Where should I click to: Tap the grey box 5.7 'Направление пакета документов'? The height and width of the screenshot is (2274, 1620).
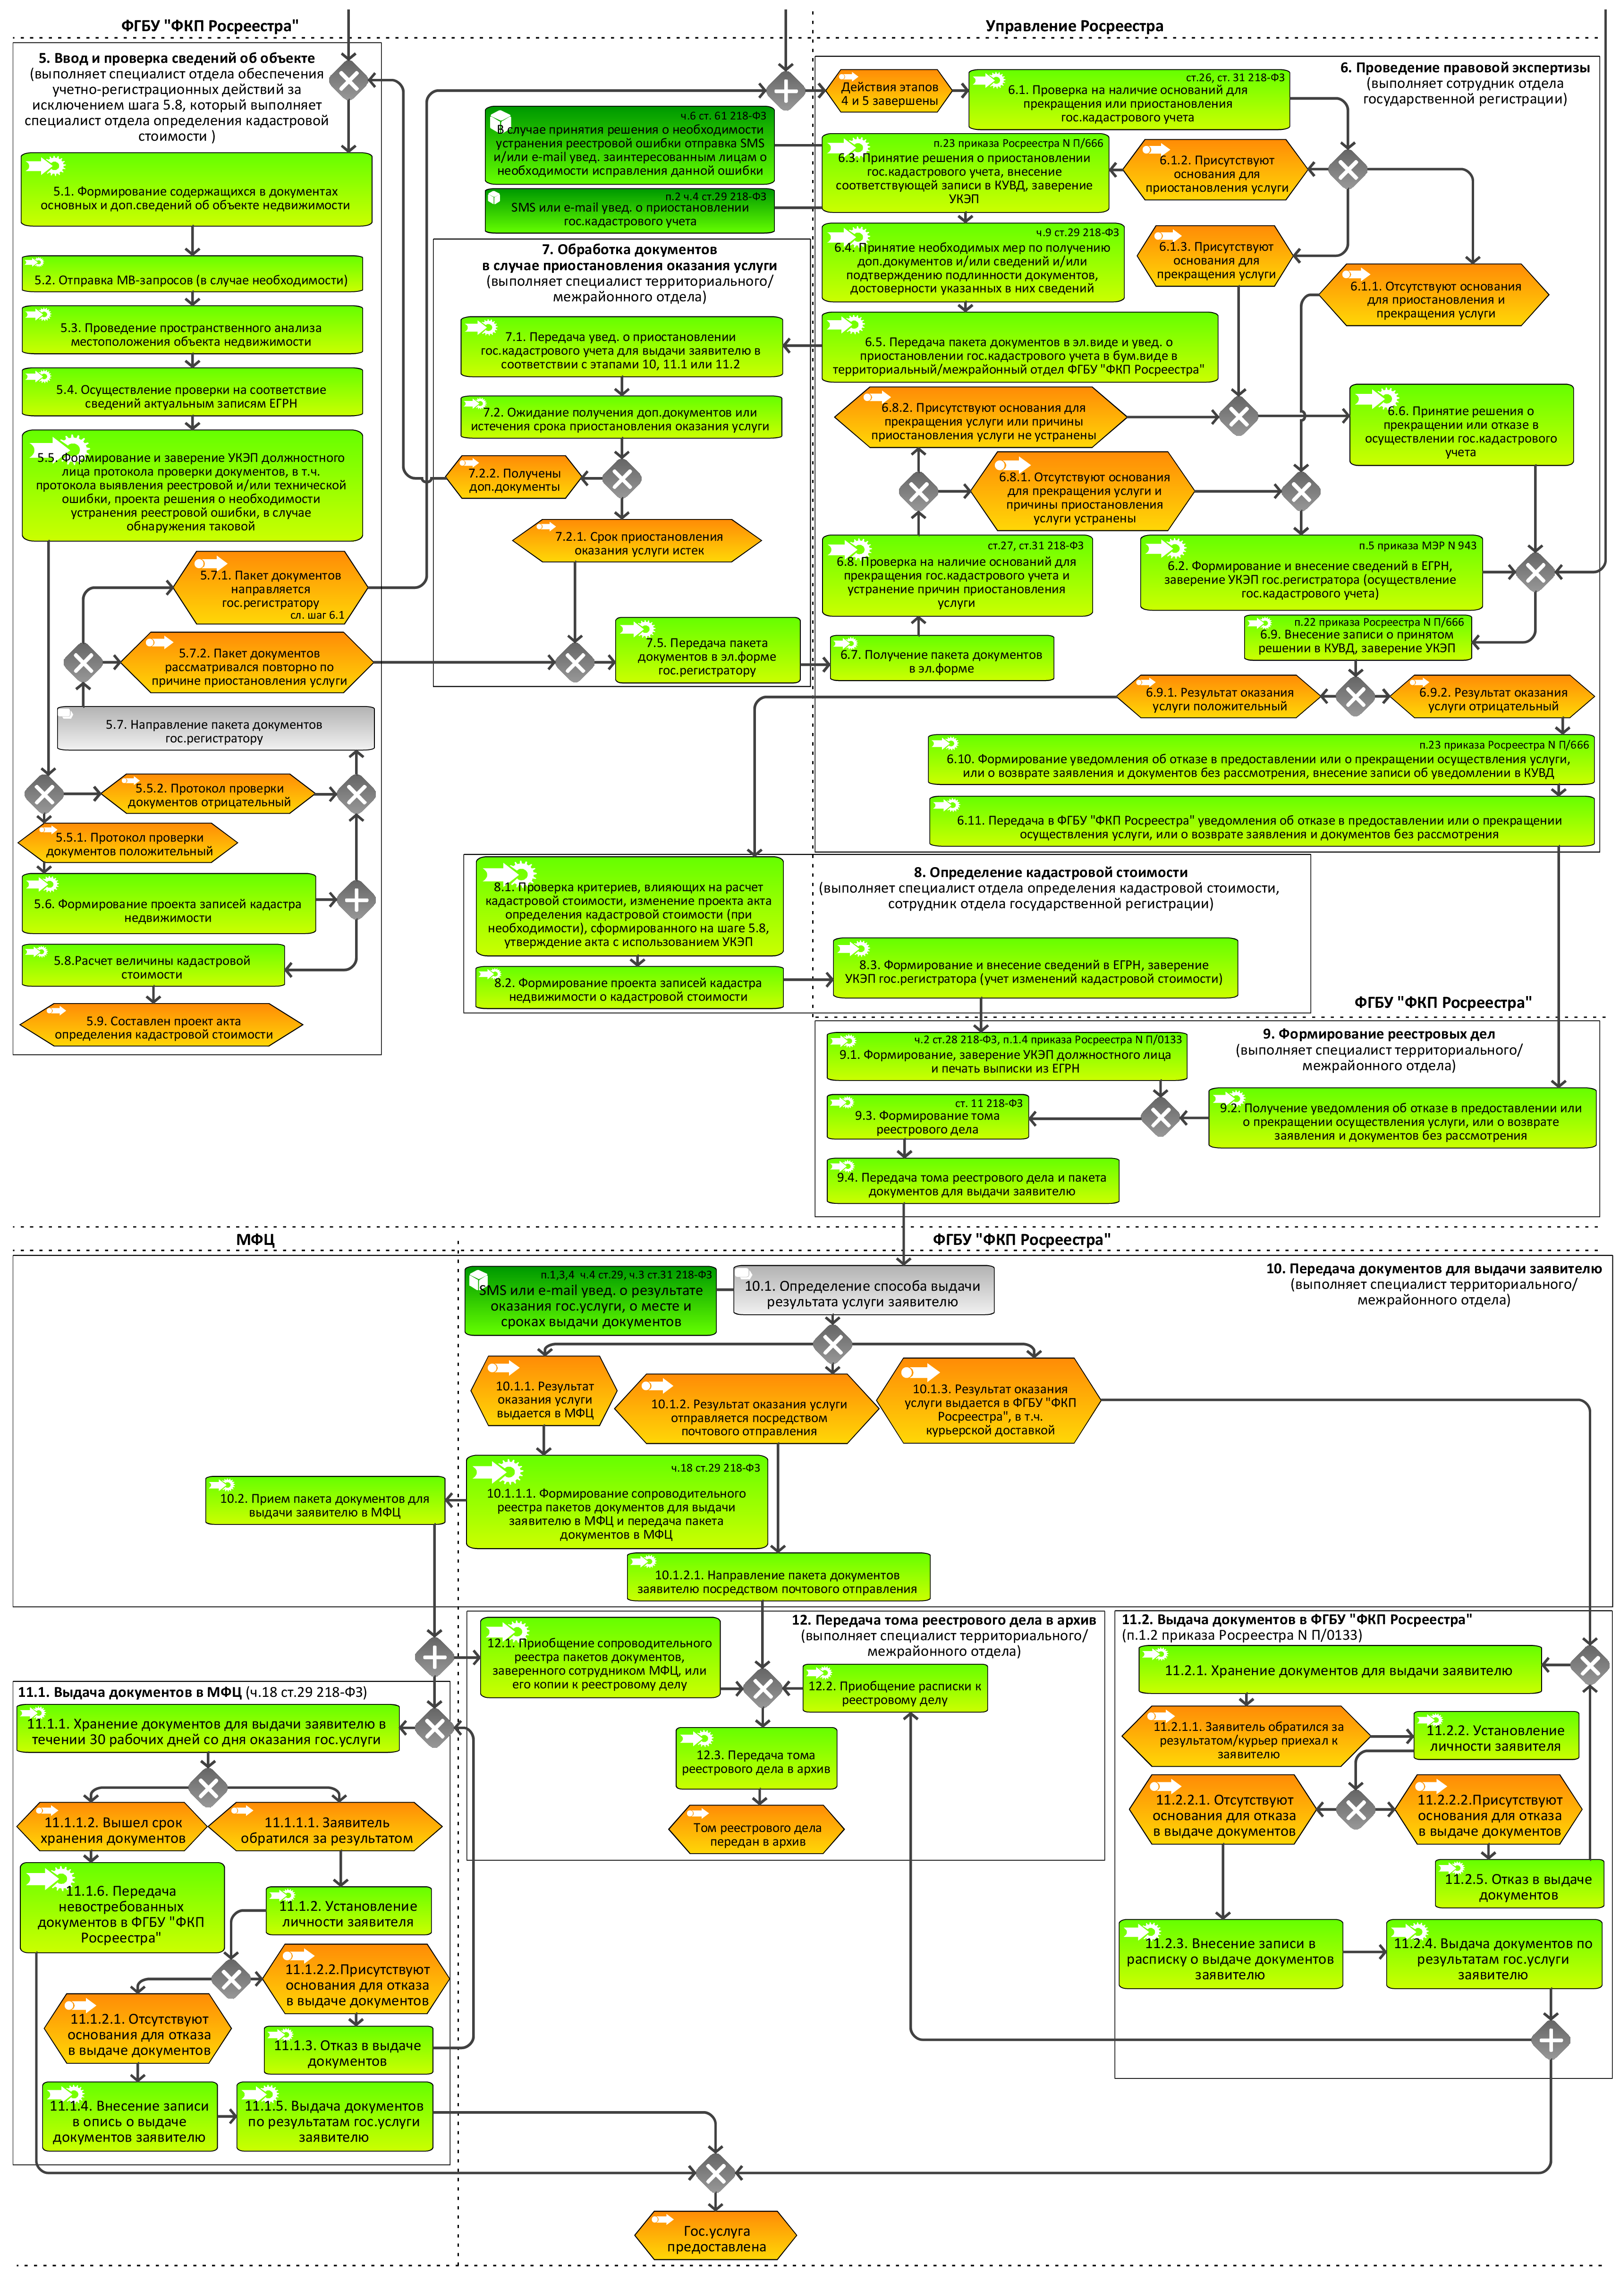coord(214,729)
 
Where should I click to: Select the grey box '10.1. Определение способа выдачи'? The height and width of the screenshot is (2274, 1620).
coord(863,1292)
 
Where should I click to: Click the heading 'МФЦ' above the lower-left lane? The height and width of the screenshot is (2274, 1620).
coord(255,1238)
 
